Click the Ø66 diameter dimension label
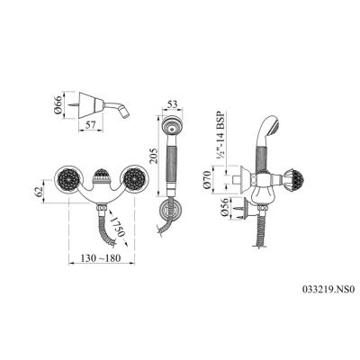[58, 105]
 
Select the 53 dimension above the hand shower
[172, 104]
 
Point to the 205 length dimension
[153, 156]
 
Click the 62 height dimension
[39, 192]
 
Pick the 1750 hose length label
[116, 226]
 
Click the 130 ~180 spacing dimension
[102, 258]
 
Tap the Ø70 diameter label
[207, 180]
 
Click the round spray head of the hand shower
[171, 127]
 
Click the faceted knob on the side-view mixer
[292, 181]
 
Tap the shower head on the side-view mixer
[269, 124]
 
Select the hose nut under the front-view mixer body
[101, 208]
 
